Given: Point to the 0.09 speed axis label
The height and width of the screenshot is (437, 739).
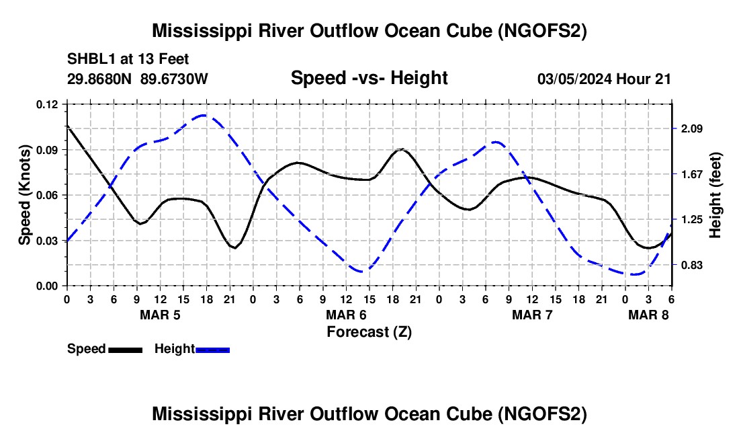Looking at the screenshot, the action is tap(47, 150).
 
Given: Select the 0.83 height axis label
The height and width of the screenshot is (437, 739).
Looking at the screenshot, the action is tap(691, 265).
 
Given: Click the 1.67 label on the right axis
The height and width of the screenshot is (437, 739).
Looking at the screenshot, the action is tap(691, 174).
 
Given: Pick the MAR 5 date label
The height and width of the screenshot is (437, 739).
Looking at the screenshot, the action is tap(161, 315).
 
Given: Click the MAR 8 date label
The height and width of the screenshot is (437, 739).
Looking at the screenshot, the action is tap(648, 315).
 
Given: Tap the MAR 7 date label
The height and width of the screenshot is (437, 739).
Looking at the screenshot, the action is tap(532, 315).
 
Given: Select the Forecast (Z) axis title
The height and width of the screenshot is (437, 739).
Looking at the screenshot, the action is tap(369, 332).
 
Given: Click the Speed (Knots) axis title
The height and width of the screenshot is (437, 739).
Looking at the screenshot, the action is tap(24, 195).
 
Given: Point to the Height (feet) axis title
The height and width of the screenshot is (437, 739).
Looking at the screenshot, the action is tap(715, 195).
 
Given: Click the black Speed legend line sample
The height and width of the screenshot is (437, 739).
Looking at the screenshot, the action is tap(126, 350).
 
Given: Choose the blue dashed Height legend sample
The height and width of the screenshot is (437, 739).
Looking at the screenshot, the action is tap(212, 350).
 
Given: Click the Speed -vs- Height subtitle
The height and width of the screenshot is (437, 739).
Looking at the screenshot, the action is tap(369, 78).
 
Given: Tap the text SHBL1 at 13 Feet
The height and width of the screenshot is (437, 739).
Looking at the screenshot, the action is tap(128, 59).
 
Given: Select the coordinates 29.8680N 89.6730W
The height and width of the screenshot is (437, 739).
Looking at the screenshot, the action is tap(138, 79).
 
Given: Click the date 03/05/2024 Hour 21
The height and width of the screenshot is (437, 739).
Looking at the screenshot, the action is tap(604, 79).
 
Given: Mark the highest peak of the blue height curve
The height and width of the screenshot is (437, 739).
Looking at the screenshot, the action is tap(204, 115).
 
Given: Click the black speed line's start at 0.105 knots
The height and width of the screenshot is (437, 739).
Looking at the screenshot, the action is tap(67, 126).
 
